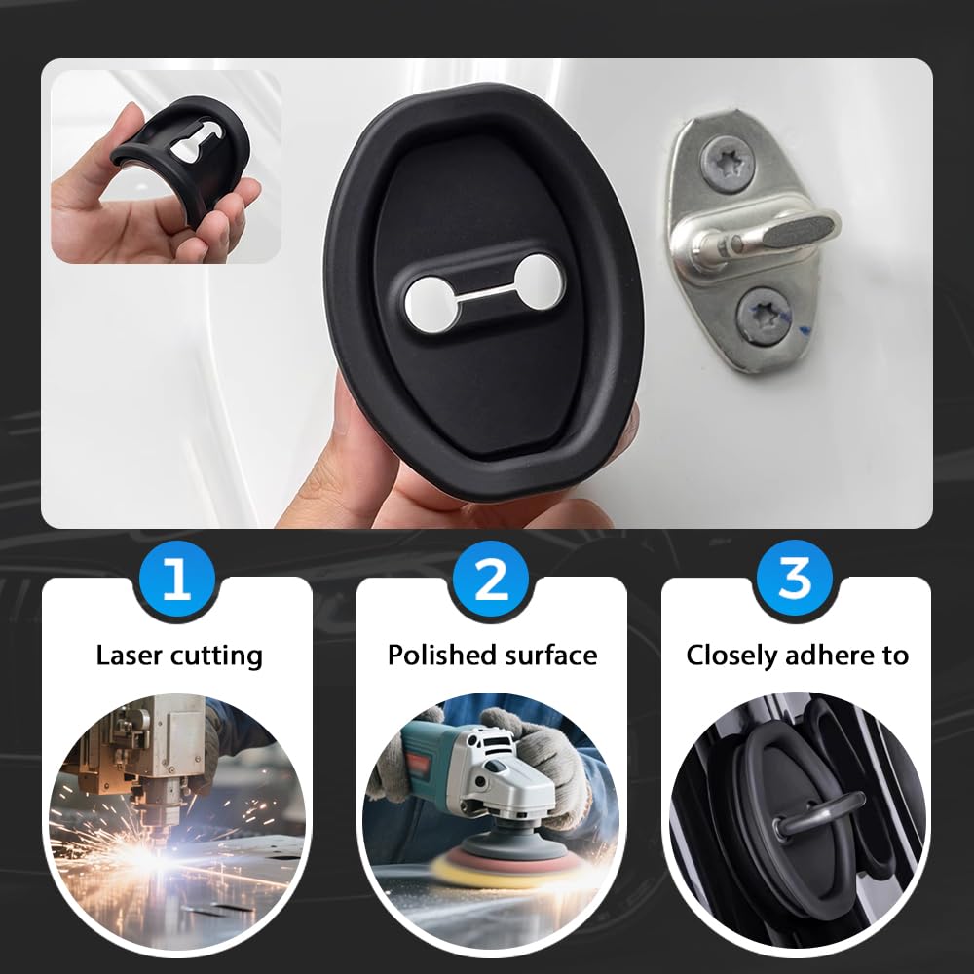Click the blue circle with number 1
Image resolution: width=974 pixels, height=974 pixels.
point(176,581)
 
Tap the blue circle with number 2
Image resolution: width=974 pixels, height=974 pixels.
point(491,581)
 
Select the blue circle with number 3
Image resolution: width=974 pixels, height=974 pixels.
point(796,581)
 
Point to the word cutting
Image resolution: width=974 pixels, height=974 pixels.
point(216,656)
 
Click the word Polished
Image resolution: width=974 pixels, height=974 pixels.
point(442,656)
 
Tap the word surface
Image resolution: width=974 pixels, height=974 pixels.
point(551,656)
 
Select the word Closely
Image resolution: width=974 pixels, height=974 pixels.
point(733,656)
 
